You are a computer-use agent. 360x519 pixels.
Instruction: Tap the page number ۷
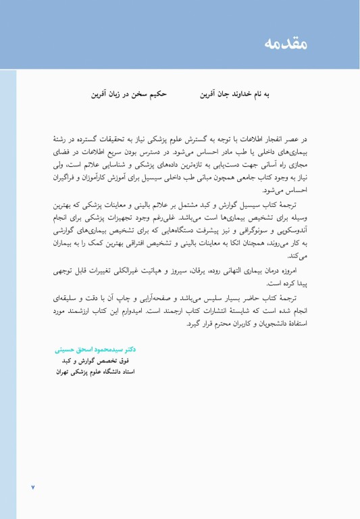click(32, 487)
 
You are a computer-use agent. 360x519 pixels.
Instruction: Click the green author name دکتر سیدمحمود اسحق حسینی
click(95, 350)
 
